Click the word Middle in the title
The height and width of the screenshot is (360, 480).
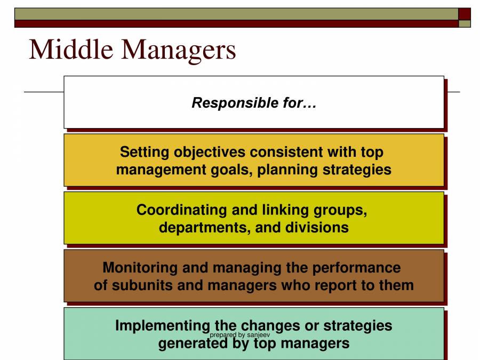[71, 50]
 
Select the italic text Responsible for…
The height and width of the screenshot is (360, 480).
[254, 102]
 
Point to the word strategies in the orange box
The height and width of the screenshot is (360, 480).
[357, 170]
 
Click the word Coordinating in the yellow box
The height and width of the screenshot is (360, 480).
[182, 210]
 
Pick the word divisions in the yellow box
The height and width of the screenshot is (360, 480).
[319, 227]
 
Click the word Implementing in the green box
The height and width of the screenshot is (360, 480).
[163, 325]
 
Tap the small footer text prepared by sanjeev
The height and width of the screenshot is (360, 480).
[239, 335]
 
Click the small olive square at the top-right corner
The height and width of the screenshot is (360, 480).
[465, 23]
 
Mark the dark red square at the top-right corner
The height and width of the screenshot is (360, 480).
[465, 13]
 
